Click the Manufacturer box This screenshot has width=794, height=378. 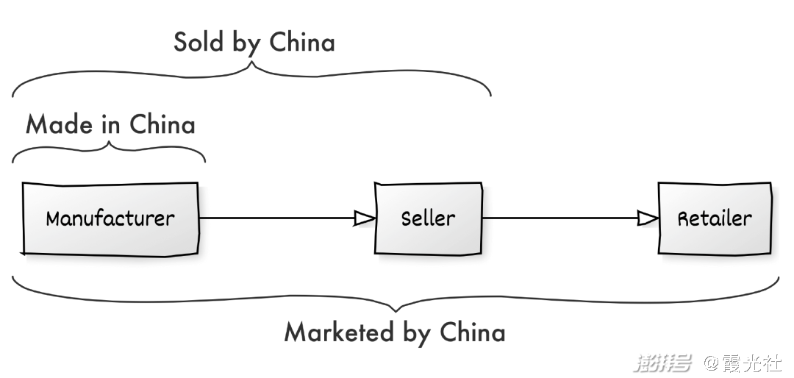110,218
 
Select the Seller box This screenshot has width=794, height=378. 429,218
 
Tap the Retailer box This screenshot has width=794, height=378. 715,218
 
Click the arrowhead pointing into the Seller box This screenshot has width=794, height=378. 365,218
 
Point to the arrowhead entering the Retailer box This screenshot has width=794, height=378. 648,218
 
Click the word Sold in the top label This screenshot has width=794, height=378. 199,42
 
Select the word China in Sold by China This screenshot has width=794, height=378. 302,42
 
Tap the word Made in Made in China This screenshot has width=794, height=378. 60,124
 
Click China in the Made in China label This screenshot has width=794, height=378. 162,124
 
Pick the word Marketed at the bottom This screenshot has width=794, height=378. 339,332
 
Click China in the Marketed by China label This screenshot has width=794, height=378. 473,332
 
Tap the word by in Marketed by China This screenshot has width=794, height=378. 417,334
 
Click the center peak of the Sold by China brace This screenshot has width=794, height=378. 252,63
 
